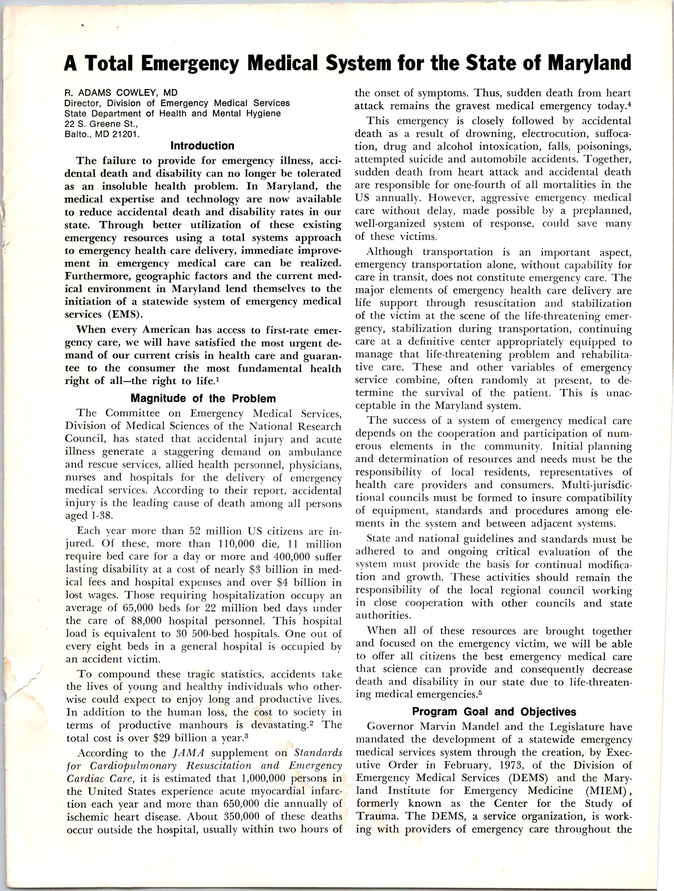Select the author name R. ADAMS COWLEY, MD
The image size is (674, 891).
pyautogui.click(x=121, y=93)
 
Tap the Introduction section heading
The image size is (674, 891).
pyautogui.click(x=202, y=145)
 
